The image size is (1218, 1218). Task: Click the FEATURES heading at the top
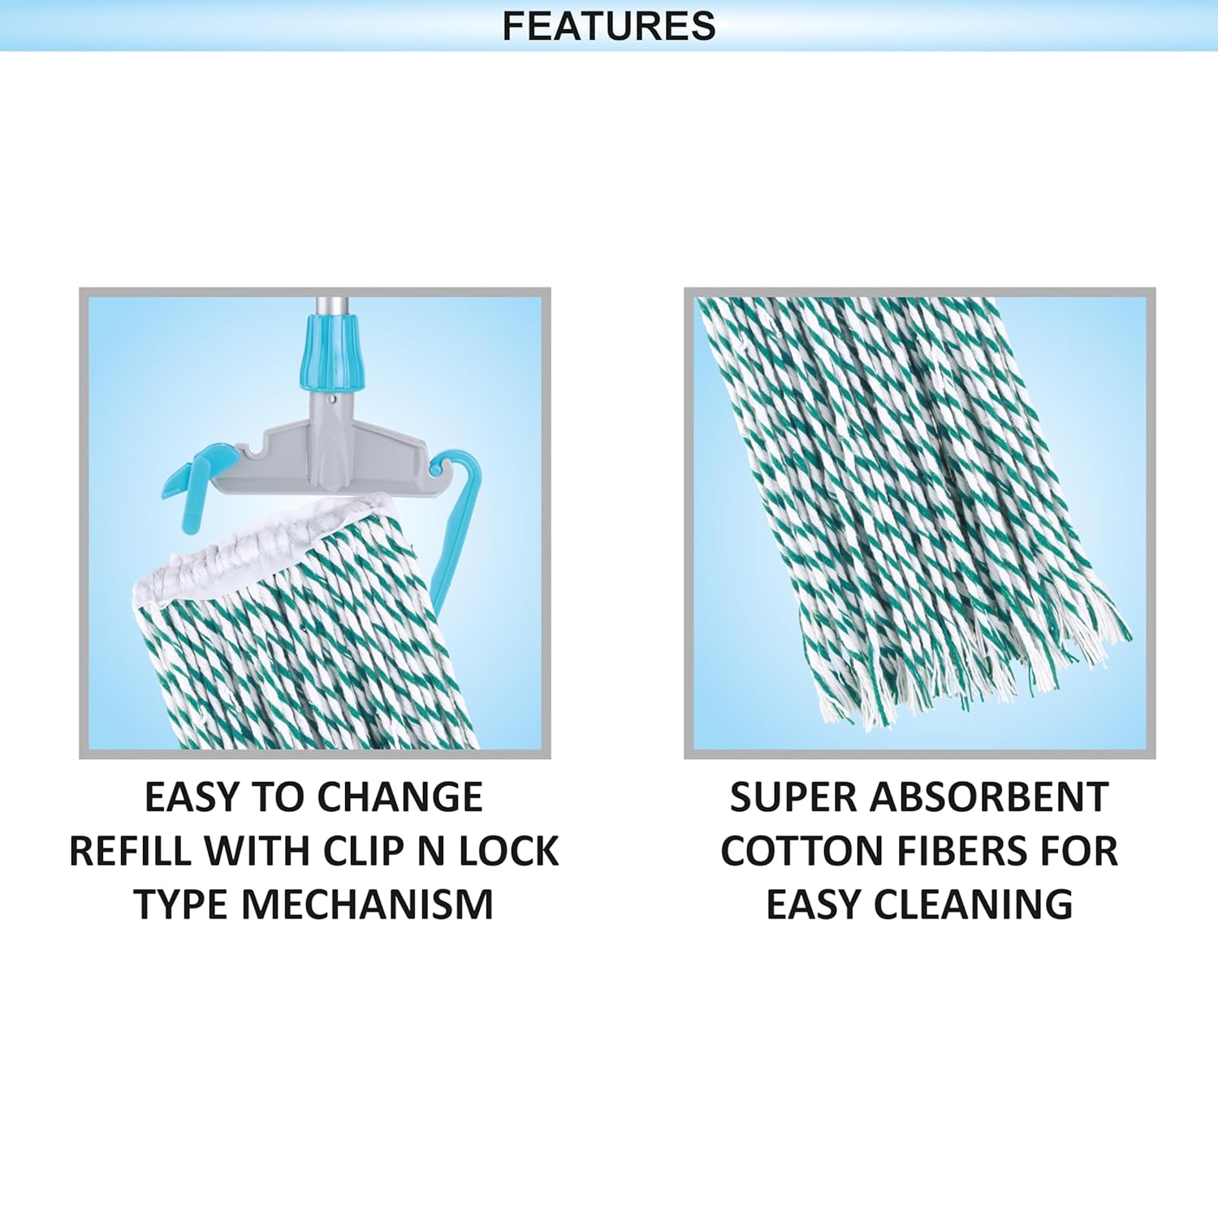[609, 26]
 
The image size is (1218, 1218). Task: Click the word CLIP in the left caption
[363, 851]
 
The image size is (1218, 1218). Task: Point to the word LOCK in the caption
[509, 851]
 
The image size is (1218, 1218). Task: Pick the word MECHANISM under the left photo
[367, 905]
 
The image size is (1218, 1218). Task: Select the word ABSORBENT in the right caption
[989, 797]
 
